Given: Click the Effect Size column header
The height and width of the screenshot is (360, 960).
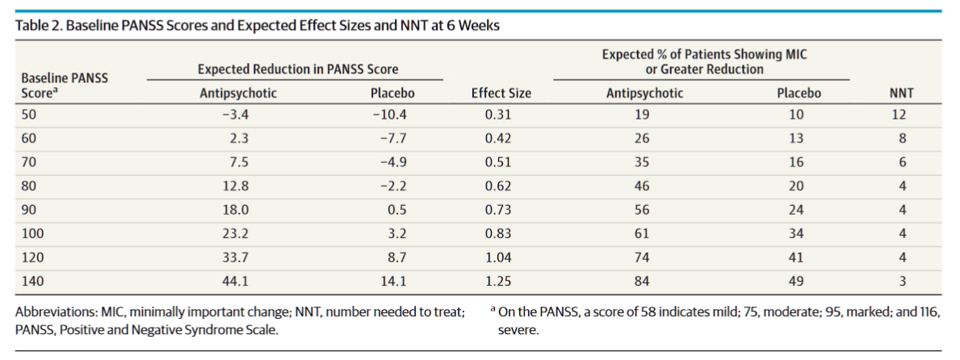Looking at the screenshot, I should (501, 94).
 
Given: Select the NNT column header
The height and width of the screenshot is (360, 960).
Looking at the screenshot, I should (900, 94).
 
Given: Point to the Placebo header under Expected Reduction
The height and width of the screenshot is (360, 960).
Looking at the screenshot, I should (392, 94).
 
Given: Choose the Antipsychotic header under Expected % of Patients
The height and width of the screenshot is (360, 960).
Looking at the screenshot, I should (644, 94).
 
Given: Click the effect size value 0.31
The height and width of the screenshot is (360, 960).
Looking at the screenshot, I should (498, 115).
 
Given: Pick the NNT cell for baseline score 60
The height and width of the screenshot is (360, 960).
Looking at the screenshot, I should (902, 139).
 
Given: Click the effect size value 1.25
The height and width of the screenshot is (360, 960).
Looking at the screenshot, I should (498, 281).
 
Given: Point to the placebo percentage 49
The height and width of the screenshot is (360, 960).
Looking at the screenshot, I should (797, 281).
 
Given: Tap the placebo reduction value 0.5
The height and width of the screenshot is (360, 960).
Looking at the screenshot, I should (396, 210).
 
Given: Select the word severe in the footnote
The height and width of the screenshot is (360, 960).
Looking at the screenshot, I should (518, 330).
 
